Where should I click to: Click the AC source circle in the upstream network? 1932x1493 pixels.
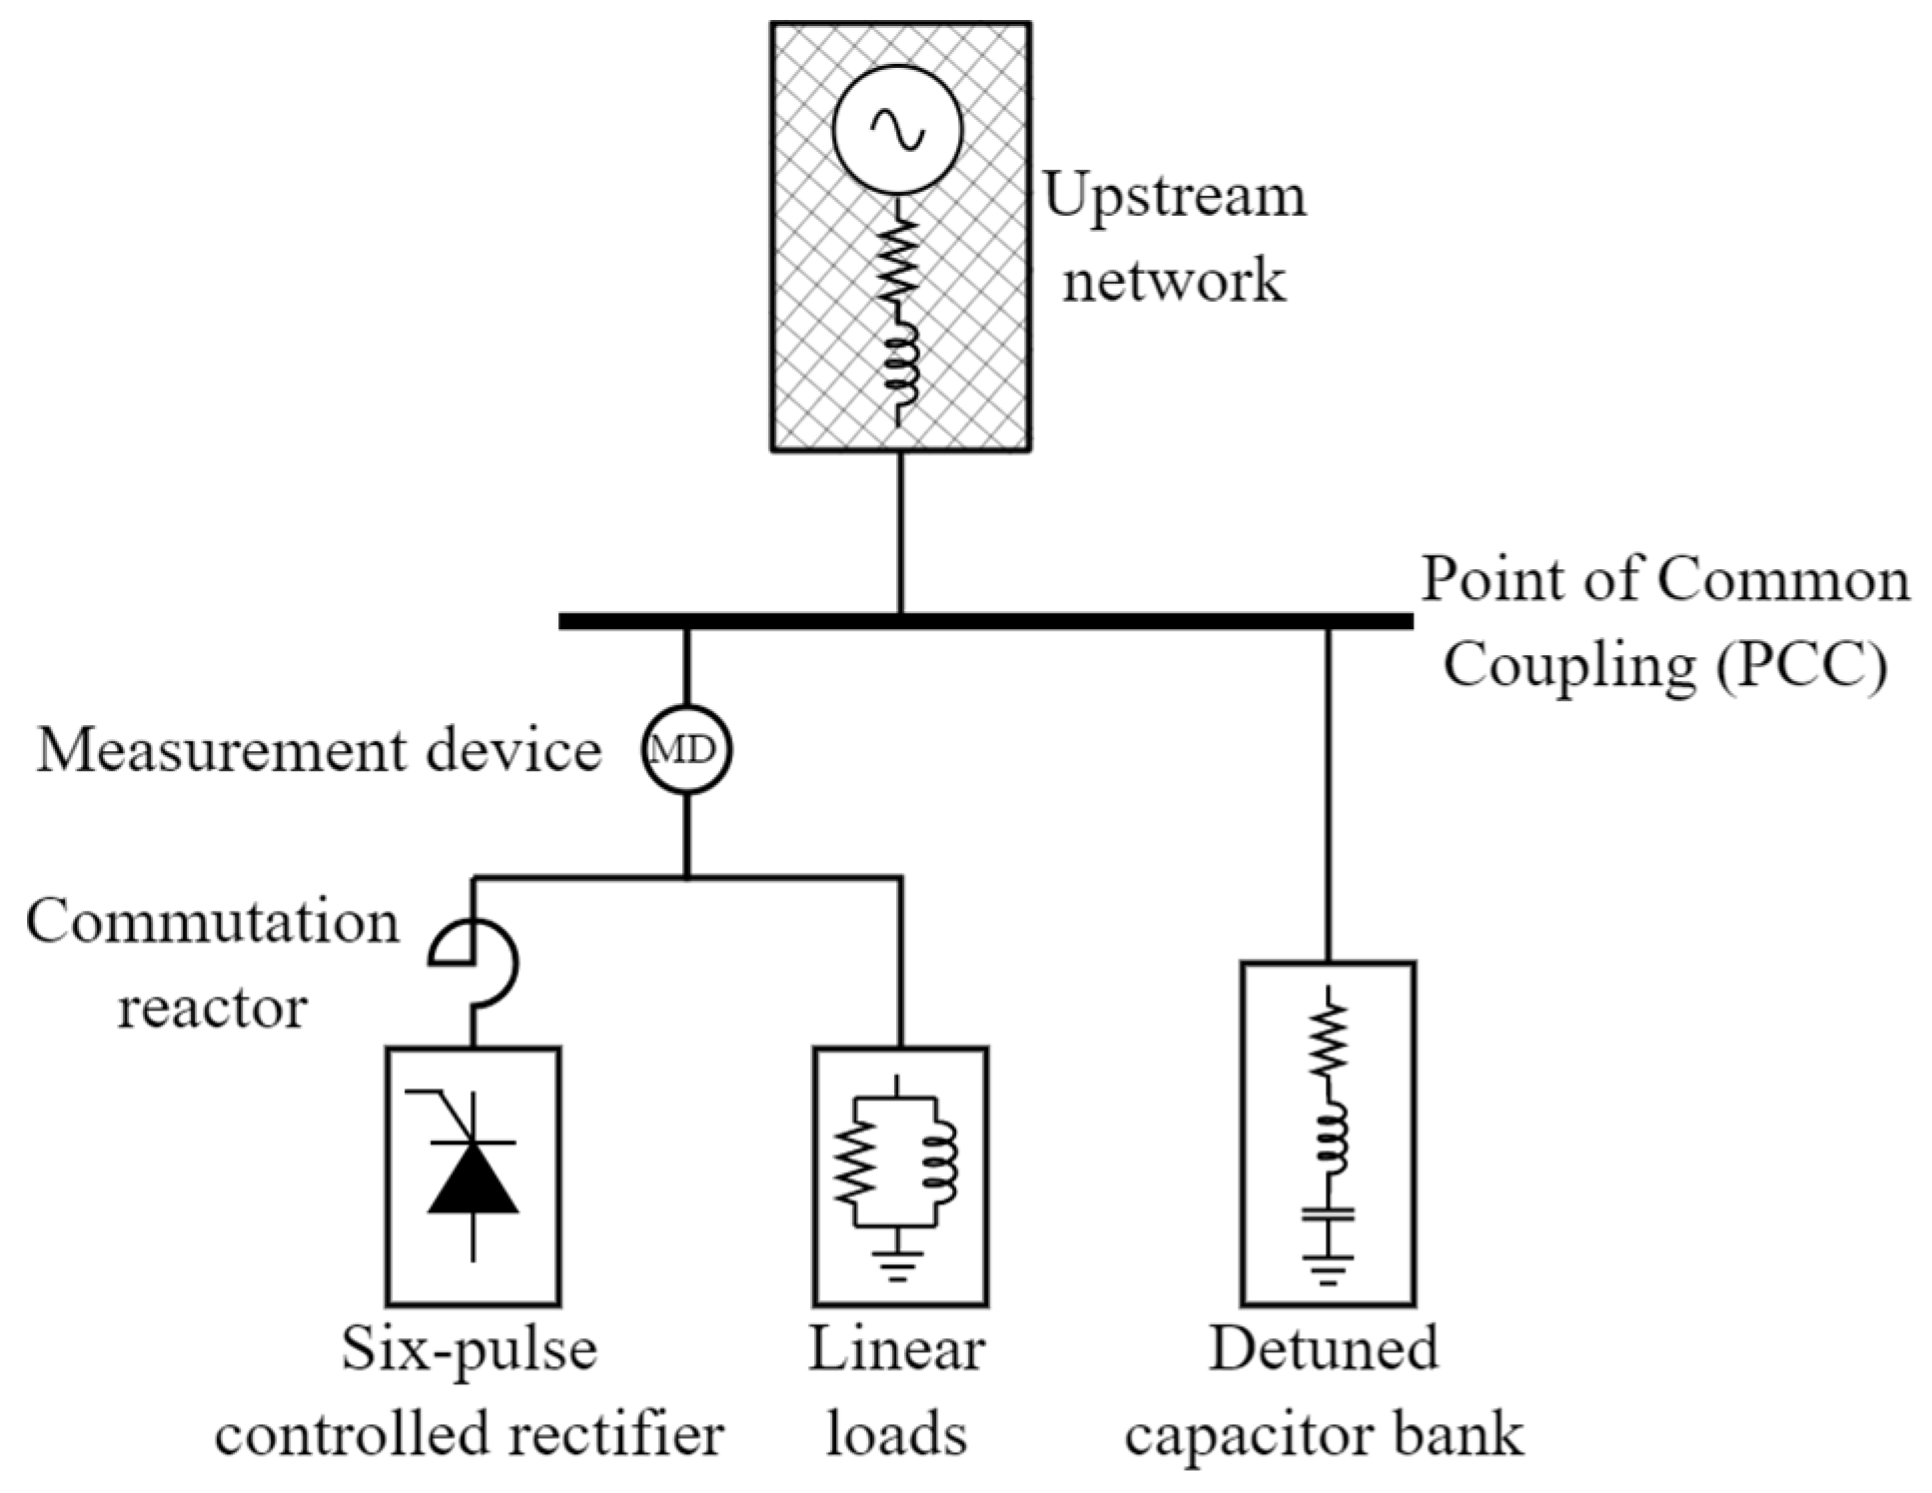click(897, 130)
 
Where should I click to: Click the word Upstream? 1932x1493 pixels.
click(1174, 197)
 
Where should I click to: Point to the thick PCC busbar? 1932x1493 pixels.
click(985, 621)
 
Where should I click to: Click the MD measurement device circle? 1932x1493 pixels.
click(686, 749)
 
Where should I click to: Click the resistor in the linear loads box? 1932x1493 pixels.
click(855, 1160)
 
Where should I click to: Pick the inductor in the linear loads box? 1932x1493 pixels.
click(940, 1160)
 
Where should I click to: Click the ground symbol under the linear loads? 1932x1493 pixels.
click(897, 1265)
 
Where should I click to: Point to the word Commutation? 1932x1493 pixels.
click(212, 923)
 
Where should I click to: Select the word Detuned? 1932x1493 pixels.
click(1324, 1348)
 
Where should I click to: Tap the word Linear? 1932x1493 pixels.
click(896, 1349)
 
